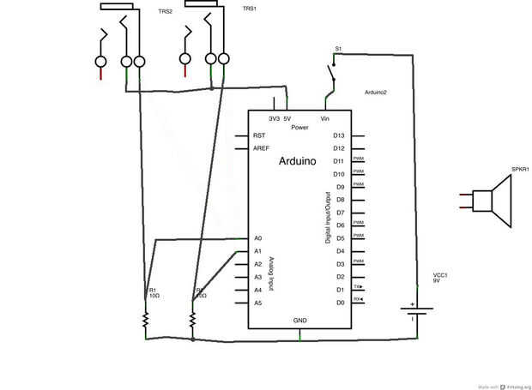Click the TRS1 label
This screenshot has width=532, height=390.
click(250, 9)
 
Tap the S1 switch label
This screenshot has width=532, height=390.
click(338, 50)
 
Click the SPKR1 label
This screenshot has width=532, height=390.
click(520, 169)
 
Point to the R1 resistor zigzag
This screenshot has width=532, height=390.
click(146, 320)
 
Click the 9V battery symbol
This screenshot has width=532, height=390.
click(414, 311)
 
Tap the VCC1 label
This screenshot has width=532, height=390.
click(441, 274)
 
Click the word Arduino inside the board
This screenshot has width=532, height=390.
click(299, 161)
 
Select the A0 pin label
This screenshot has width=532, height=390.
click(257, 237)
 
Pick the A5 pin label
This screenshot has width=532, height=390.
click(257, 303)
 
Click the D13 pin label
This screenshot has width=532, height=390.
click(339, 135)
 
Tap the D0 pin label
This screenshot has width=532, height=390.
click(339, 303)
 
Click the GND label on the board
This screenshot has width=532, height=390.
click(300, 321)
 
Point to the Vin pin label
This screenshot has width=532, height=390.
click(325, 118)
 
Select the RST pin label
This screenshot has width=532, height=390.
click(259, 135)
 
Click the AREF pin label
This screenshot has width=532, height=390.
click(262, 148)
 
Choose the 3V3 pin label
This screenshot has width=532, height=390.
click(274, 118)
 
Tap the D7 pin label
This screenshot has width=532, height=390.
click(339, 213)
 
